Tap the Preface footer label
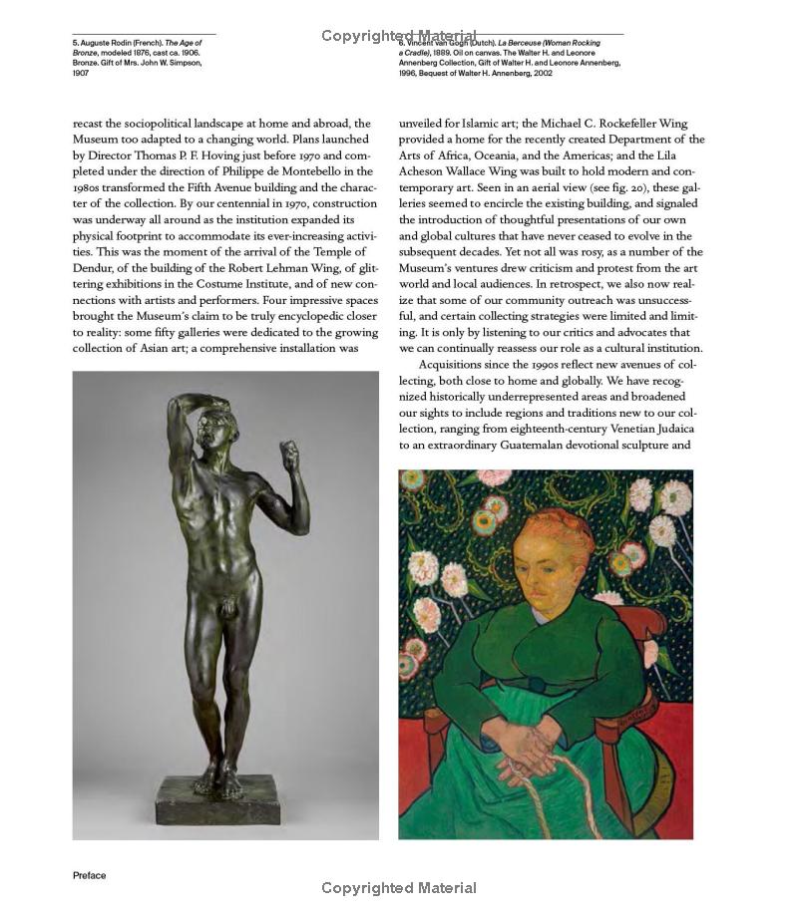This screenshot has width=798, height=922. [x=89, y=875]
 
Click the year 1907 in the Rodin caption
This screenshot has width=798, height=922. [x=82, y=73]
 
